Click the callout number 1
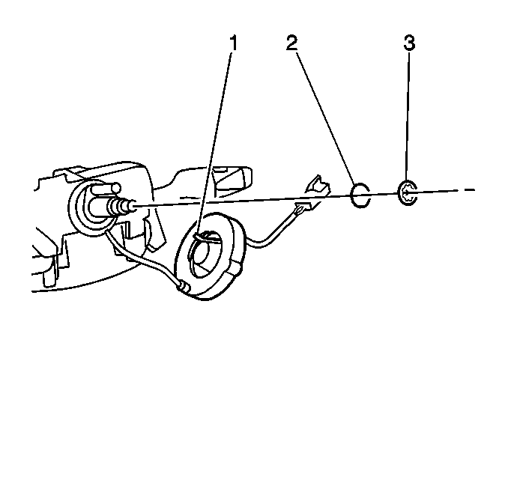[234, 43]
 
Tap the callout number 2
[291, 43]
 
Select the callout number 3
[409, 43]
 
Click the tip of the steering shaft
[133, 206]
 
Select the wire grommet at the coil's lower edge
[184, 287]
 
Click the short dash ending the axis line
[470, 190]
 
